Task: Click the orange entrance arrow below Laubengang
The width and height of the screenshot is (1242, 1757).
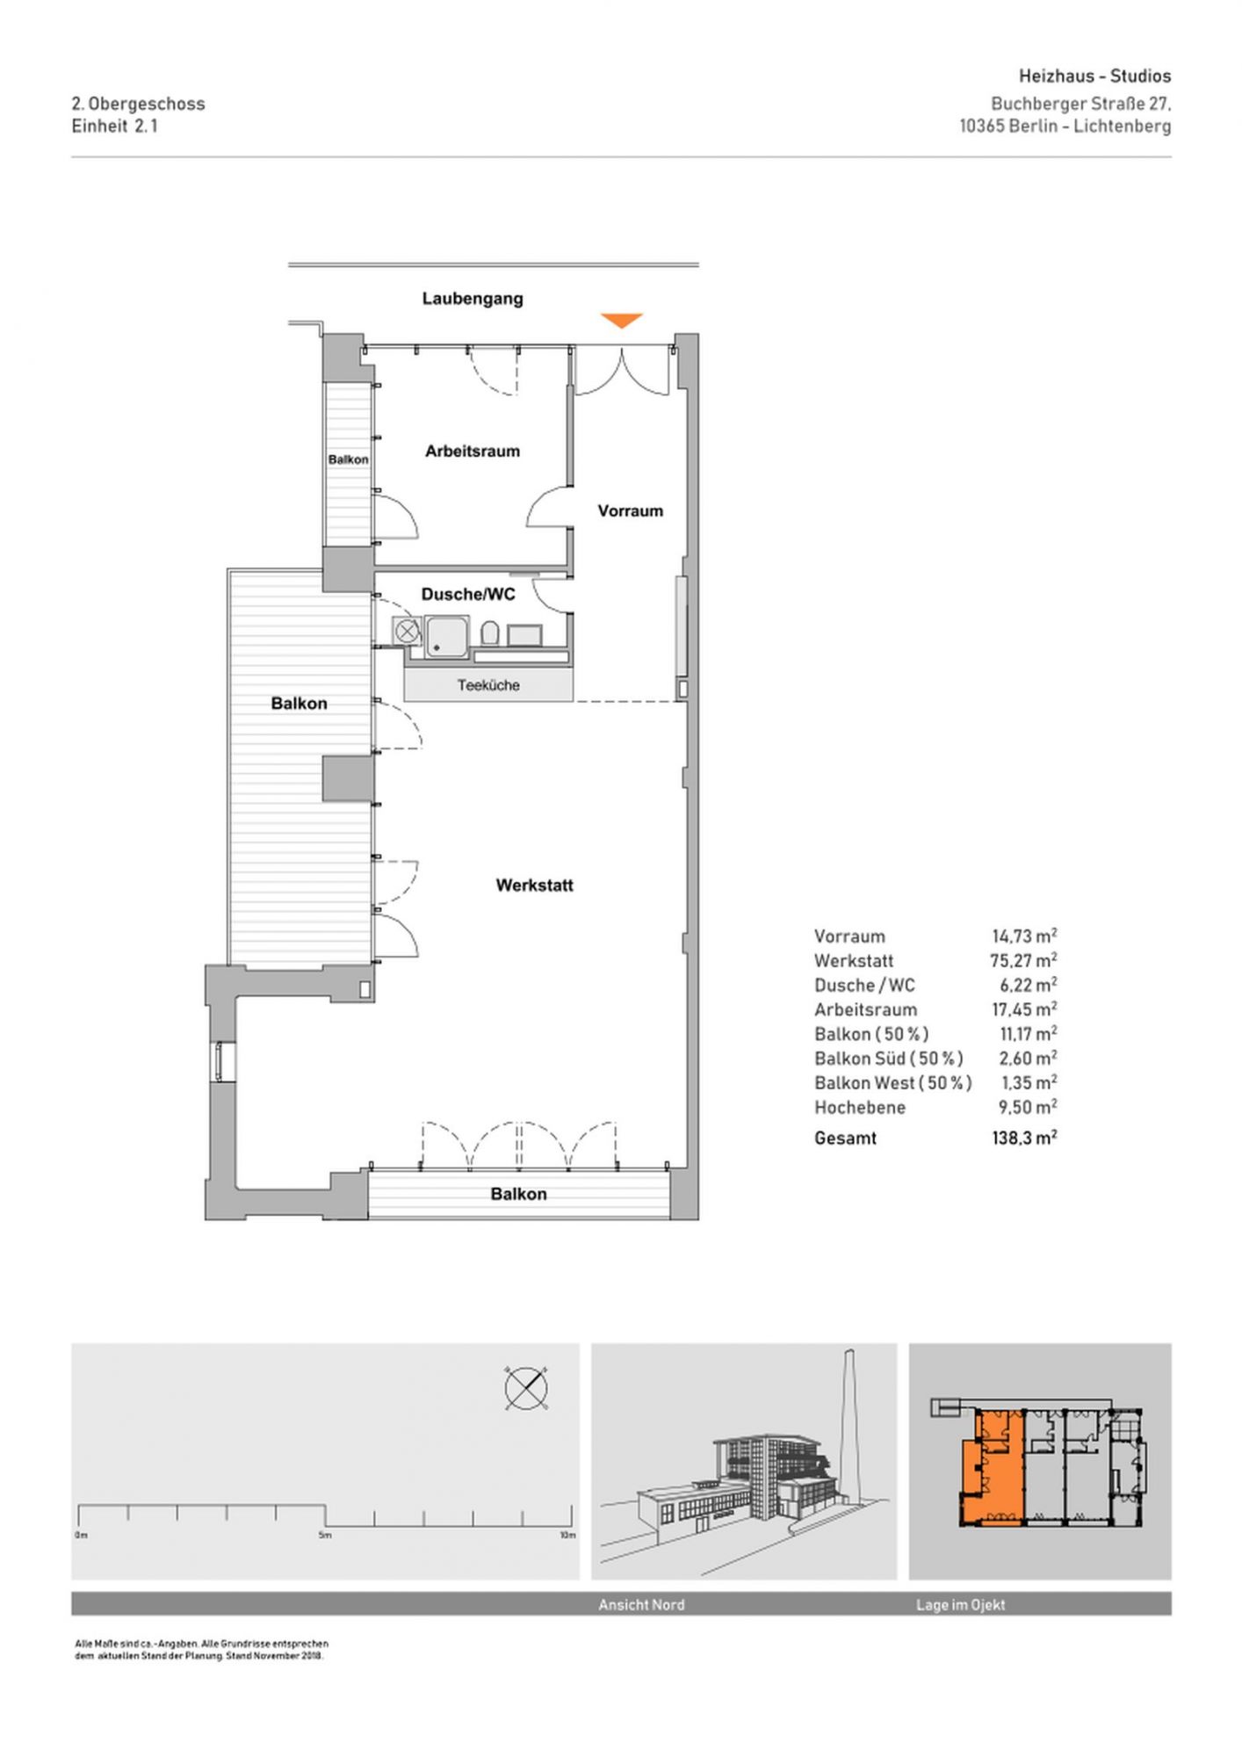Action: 622,321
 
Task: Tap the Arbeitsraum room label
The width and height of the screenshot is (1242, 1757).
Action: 473,452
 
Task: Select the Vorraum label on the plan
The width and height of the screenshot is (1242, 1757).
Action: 631,511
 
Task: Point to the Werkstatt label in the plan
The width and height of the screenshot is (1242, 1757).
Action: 534,886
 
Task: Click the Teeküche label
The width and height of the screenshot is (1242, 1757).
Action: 488,685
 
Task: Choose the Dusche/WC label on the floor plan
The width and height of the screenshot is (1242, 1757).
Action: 468,595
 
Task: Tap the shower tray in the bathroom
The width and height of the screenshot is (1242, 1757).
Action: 447,637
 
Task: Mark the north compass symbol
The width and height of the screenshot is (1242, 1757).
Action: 526,1389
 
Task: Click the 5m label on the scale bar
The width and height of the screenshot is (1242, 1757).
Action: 325,1536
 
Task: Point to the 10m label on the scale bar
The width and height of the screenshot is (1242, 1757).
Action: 567,1536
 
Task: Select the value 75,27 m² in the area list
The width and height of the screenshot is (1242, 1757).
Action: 1023,960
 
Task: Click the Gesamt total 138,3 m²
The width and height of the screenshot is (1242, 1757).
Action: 1024,1138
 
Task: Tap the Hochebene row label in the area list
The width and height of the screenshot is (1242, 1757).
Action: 860,1108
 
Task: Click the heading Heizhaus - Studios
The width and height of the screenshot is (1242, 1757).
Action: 1094,76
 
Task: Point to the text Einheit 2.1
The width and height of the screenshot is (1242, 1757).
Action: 115,126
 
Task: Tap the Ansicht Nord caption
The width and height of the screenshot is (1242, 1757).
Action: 641,1605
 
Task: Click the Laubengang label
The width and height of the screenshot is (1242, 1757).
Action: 473,299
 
